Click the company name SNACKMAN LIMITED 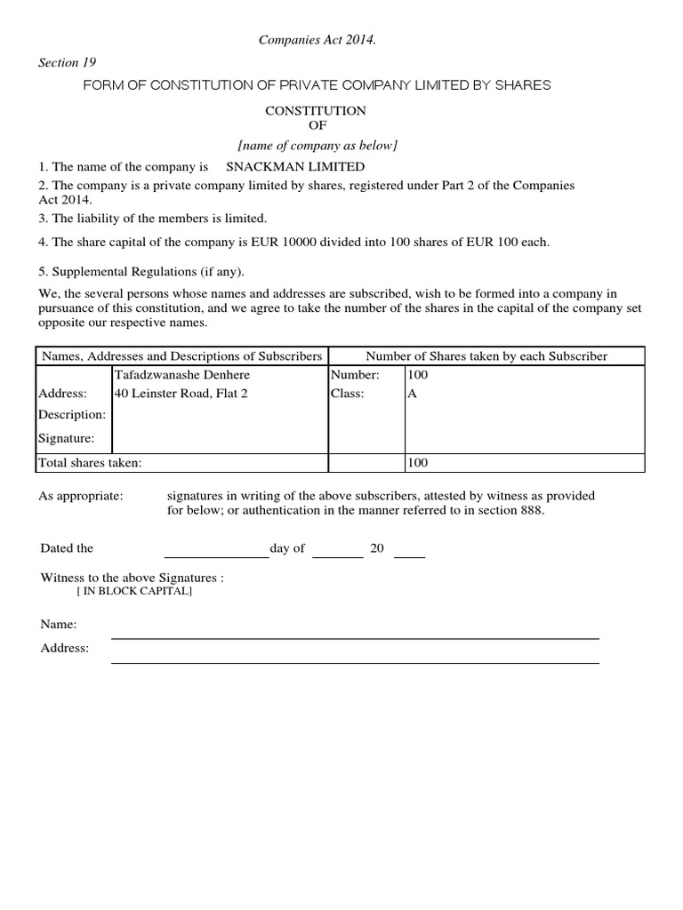click(x=295, y=167)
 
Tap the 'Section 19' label click(x=67, y=62)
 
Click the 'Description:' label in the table click(x=71, y=415)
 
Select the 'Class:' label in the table click(x=348, y=394)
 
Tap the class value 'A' click(x=412, y=394)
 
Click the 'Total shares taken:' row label click(x=89, y=463)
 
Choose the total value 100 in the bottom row click(x=417, y=463)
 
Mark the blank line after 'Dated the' click(x=216, y=556)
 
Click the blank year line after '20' click(x=409, y=556)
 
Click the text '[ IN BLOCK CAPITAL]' click(x=134, y=592)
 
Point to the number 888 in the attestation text click(x=531, y=511)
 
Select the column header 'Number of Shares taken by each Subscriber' click(x=486, y=356)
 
